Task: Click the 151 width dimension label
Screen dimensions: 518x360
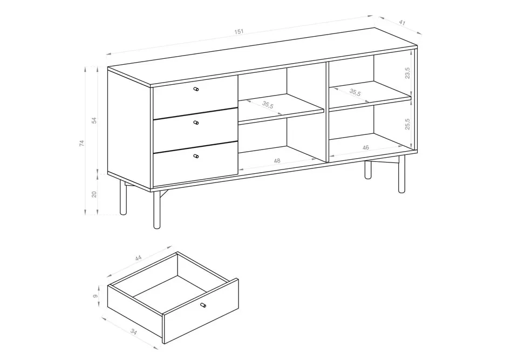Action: coord(239,32)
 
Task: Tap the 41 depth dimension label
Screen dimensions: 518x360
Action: coord(402,23)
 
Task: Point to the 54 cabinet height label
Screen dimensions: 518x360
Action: coord(94,120)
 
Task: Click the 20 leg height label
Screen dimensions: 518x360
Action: coord(94,194)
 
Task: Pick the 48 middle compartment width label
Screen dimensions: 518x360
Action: coord(277,161)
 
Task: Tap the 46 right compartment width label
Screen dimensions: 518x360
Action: coord(365,148)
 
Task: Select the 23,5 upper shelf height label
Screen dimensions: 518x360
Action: coord(407,73)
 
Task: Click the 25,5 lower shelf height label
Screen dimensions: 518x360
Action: coord(407,124)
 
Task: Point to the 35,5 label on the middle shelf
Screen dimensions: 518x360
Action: coord(268,105)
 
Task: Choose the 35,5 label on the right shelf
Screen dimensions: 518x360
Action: coord(355,92)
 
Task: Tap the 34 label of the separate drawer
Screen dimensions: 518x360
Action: coord(133,331)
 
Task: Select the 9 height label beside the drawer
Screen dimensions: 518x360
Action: coord(96,296)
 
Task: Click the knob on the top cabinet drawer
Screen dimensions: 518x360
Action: coord(196,89)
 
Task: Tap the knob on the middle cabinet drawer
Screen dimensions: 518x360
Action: coord(196,123)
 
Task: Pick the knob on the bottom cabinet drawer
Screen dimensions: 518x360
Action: coord(196,156)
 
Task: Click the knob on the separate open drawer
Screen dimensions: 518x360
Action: coord(203,305)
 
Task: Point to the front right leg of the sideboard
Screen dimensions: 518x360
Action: coord(401,174)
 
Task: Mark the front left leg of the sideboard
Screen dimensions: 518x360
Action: coord(157,210)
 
